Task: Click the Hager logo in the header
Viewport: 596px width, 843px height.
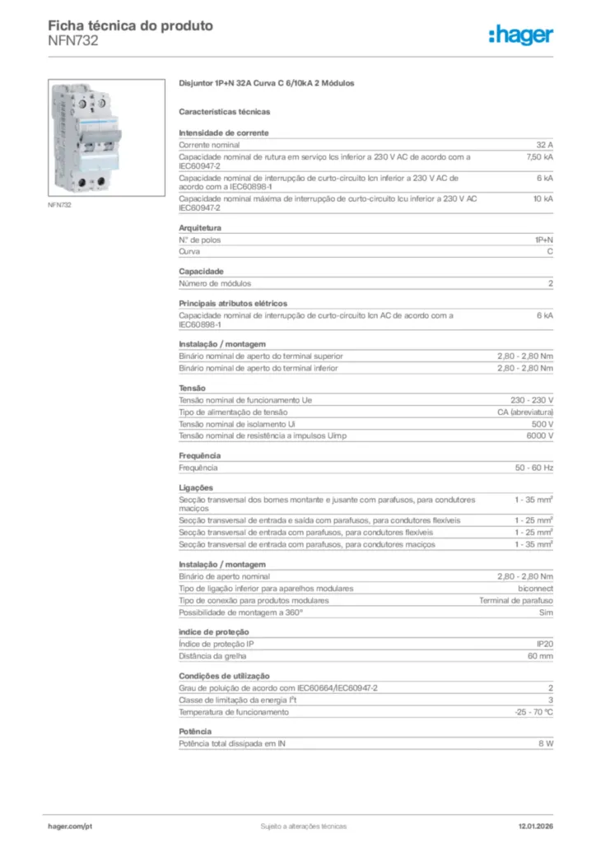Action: coord(520,35)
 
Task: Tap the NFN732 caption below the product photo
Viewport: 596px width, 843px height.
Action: coord(60,205)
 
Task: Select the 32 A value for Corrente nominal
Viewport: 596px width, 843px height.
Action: coord(544,143)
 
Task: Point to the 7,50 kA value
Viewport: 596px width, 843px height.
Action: coord(539,155)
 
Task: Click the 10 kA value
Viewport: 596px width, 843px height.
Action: coord(542,198)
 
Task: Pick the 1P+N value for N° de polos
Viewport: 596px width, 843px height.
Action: coord(543,240)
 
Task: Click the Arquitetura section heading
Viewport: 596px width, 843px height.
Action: coord(200,227)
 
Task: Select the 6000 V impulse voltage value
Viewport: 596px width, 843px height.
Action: coord(538,435)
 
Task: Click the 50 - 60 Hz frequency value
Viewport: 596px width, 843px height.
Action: coord(534,467)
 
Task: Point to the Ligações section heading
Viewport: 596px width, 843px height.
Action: coord(196,487)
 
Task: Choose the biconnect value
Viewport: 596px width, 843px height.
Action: coord(535,589)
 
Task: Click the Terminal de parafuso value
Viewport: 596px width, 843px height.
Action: coord(516,600)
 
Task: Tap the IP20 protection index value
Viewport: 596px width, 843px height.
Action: coord(544,644)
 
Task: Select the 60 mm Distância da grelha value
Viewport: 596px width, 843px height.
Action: coord(540,655)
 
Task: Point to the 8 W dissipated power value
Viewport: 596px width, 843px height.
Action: coord(545,743)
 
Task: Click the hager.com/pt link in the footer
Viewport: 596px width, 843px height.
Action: coord(70,826)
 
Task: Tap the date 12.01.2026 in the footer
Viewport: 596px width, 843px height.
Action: coord(535,826)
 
